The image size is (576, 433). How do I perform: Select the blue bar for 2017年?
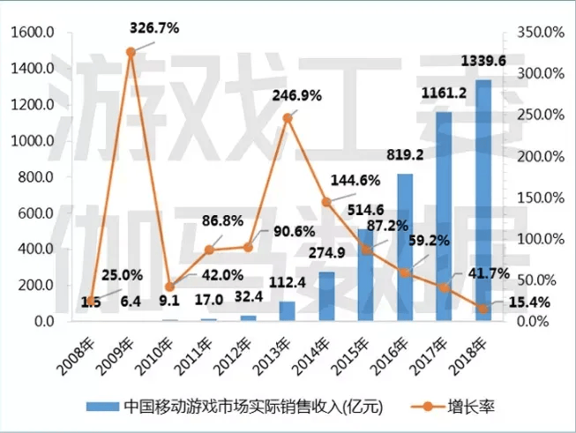click(x=444, y=216)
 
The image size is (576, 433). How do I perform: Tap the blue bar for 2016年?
click(x=405, y=247)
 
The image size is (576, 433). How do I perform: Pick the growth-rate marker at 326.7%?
click(x=131, y=52)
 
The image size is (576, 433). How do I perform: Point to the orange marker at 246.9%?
click(x=287, y=117)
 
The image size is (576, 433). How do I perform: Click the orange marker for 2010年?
click(x=169, y=287)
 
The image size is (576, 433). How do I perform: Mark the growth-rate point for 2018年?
click(x=483, y=308)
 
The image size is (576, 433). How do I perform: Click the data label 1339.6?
click(x=484, y=61)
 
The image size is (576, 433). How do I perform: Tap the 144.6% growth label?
click(x=355, y=181)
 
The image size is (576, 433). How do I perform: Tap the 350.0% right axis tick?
click(x=540, y=33)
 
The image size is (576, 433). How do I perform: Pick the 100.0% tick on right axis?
click(x=540, y=239)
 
